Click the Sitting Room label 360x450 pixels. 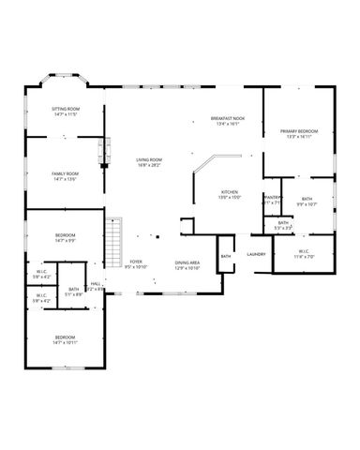coord(65,112)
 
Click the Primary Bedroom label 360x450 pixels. coord(299,134)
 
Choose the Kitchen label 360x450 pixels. coord(230,194)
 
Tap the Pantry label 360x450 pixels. coord(273,199)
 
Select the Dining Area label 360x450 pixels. coord(187,265)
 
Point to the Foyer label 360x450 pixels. coord(137,264)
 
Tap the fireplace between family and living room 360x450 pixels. coord(106,148)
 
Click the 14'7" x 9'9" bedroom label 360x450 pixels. coord(65,238)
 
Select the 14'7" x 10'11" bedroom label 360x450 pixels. coord(65,339)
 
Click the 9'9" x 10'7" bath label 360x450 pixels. coord(307,201)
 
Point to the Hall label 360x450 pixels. coord(96,287)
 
